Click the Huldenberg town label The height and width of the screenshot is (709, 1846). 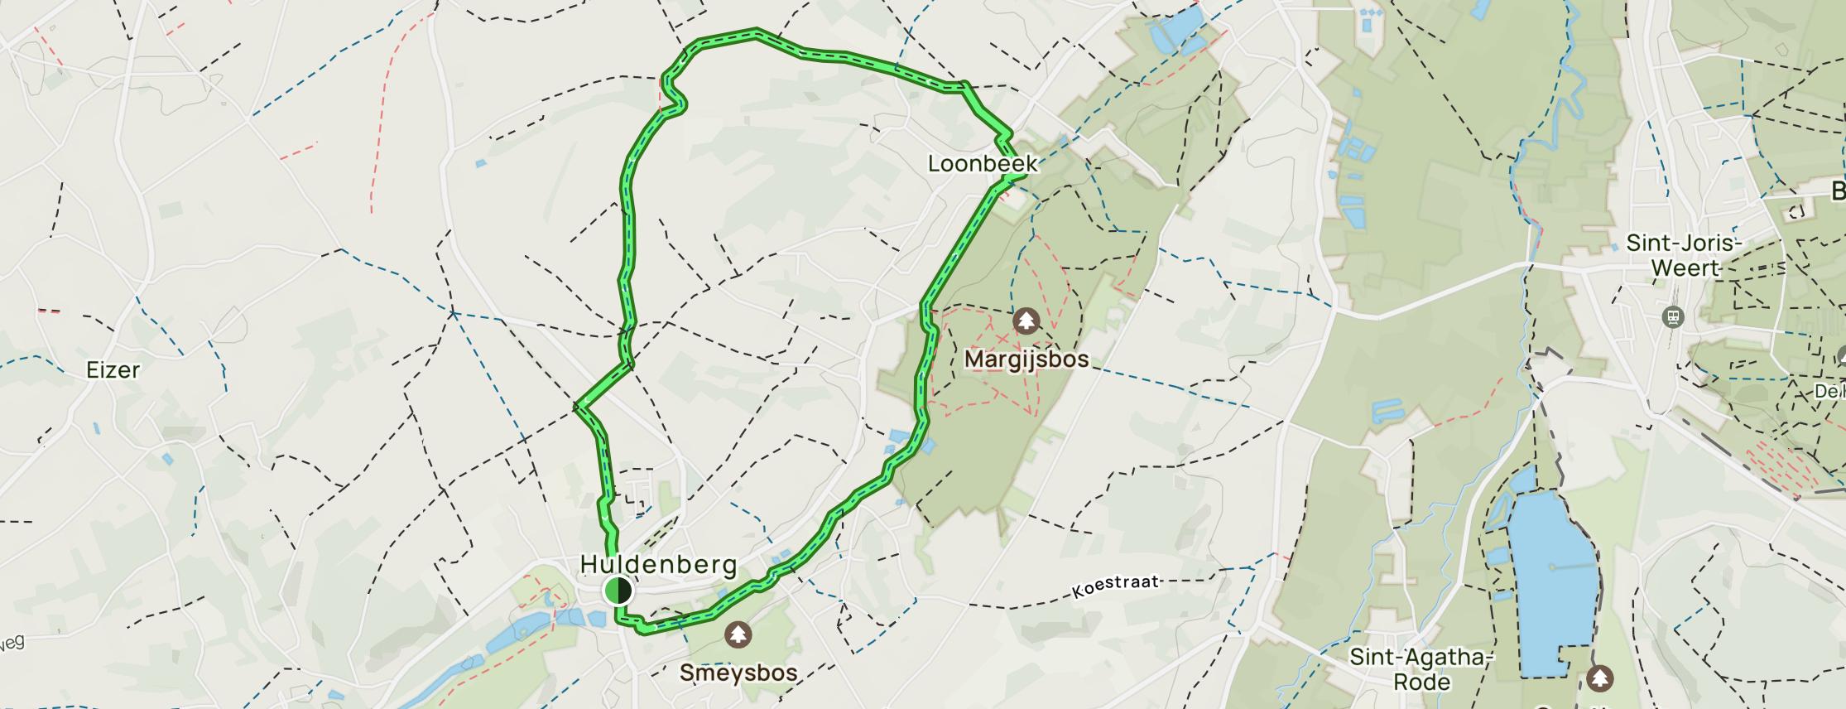click(x=658, y=565)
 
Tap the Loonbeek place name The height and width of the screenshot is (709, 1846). click(x=982, y=163)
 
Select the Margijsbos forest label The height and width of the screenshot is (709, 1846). click(x=1026, y=360)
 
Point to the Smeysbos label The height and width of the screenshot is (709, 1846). click(x=738, y=672)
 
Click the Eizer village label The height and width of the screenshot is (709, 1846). click(x=113, y=369)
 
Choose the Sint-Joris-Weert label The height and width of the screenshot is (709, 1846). click(x=1685, y=255)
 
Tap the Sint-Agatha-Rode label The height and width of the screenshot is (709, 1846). click(x=1421, y=669)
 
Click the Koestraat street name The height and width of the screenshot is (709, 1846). click(x=1115, y=586)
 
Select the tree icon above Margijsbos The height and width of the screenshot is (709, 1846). click(x=1026, y=321)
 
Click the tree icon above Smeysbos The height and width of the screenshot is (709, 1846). click(x=738, y=635)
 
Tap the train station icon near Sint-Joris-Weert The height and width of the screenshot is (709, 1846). click(x=1673, y=317)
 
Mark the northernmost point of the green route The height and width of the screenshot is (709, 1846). click(x=756, y=33)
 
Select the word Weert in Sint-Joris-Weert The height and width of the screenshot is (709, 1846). click(x=1686, y=268)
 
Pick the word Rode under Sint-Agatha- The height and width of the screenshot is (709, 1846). click(x=1421, y=682)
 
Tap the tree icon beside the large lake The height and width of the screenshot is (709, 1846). click(x=1600, y=679)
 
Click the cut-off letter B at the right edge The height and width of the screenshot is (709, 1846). click(x=1838, y=191)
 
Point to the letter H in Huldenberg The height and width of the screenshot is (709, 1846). click(x=589, y=565)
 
